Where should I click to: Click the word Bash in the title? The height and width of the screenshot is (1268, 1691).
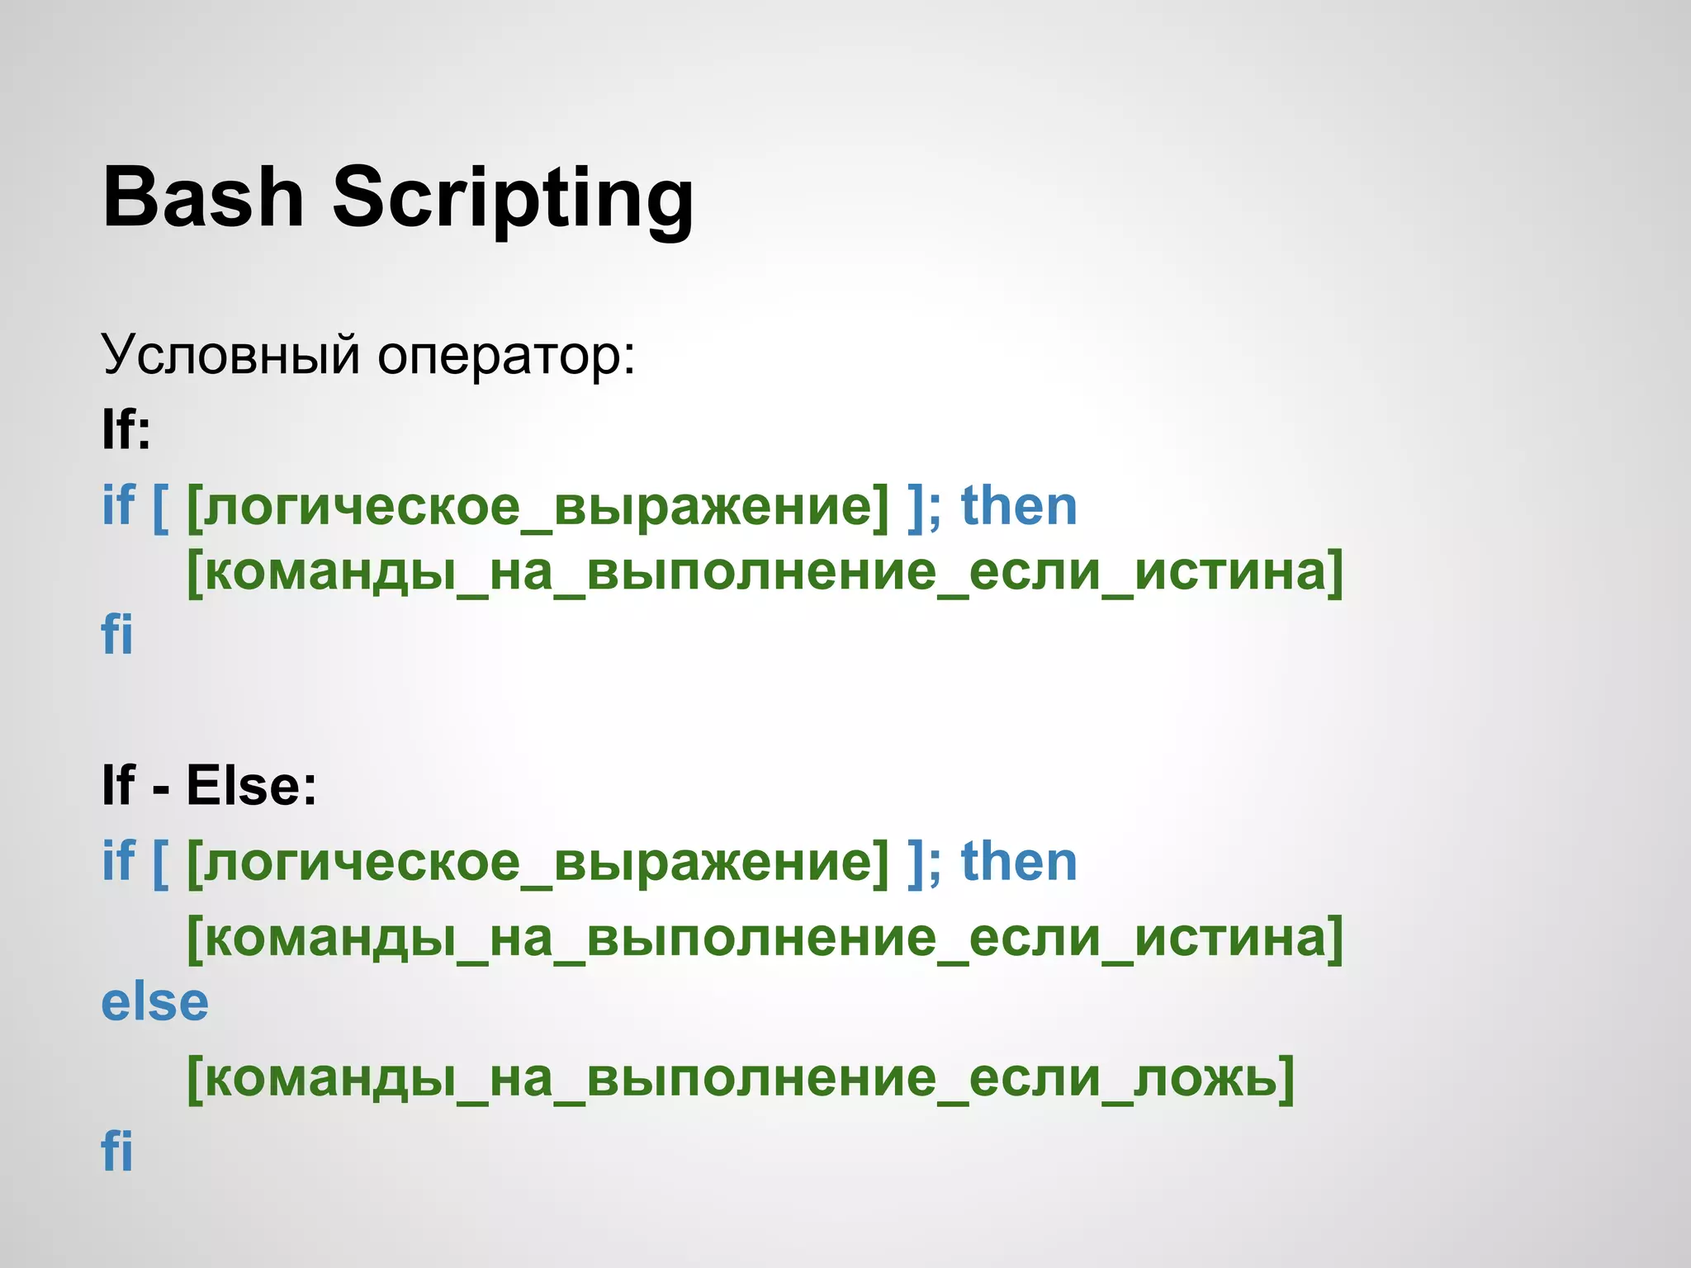pyautogui.click(x=203, y=197)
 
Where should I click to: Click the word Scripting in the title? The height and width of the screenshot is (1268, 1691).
pyautogui.click(x=512, y=199)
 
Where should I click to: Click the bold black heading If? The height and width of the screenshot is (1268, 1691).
pyautogui.click(x=126, y=429)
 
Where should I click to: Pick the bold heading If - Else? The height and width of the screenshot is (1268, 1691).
pyautogui.click(x=209, y=785)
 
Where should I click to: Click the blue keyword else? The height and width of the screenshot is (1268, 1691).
pyautogui.click(x=154, y=1003)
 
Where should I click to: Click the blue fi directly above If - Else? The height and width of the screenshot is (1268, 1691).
pyautogui.click(x=116, y=635)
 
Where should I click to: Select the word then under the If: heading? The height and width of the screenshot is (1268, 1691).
pyautogui.click(x=1019, y=506)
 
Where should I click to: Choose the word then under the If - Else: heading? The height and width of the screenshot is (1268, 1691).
pyautogui.click(x=1019, y=862)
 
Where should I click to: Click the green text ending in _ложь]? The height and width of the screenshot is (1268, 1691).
pyautogui.click(x=741, y=1078)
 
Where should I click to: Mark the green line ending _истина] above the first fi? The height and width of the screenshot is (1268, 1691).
pyautogui.click(x=765, y=571)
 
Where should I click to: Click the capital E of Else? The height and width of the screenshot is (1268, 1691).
pyautogui.click(x=203, y=785)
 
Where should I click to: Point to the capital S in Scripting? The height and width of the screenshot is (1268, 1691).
pyautogui.click(x=360, y=197)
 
